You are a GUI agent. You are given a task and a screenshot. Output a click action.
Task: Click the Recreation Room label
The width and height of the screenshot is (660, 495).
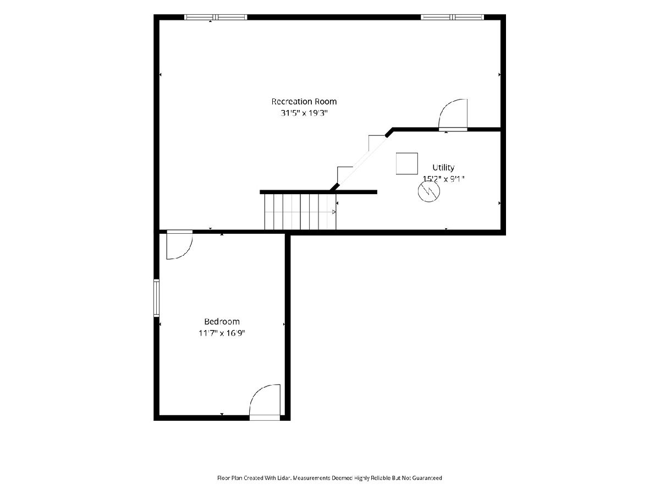click(304, 102)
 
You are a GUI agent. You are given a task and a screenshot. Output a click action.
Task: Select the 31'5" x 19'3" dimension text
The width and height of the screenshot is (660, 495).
click(304, 113)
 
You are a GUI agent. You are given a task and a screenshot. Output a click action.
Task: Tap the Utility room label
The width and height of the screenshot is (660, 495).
click(443, 168)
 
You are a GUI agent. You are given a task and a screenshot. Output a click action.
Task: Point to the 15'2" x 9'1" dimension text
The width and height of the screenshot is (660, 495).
click(443, 179)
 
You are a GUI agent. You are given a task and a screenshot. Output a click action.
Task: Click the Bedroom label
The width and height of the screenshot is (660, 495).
click(222, 322)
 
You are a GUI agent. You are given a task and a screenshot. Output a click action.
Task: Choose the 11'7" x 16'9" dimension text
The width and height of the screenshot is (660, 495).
click(222, 333)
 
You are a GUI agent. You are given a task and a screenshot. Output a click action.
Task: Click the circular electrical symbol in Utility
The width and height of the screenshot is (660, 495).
click(429, 191)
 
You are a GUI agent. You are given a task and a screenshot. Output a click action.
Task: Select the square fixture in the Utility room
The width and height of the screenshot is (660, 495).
click(407, 163)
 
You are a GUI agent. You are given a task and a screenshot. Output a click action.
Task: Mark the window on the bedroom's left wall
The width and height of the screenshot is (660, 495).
click(156, 298)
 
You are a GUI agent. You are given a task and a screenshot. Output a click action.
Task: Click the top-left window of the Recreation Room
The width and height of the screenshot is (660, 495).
click(216, 17)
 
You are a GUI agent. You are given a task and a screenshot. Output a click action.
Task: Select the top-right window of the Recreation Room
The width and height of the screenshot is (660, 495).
click(452, 17)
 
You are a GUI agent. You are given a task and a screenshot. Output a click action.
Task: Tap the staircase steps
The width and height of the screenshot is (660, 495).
click(300, 212)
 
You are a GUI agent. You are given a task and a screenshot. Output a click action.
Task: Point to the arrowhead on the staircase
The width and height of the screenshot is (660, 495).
click(334, 212)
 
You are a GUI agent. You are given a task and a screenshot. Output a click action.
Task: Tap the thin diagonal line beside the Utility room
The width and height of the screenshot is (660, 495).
click(363, 160)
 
